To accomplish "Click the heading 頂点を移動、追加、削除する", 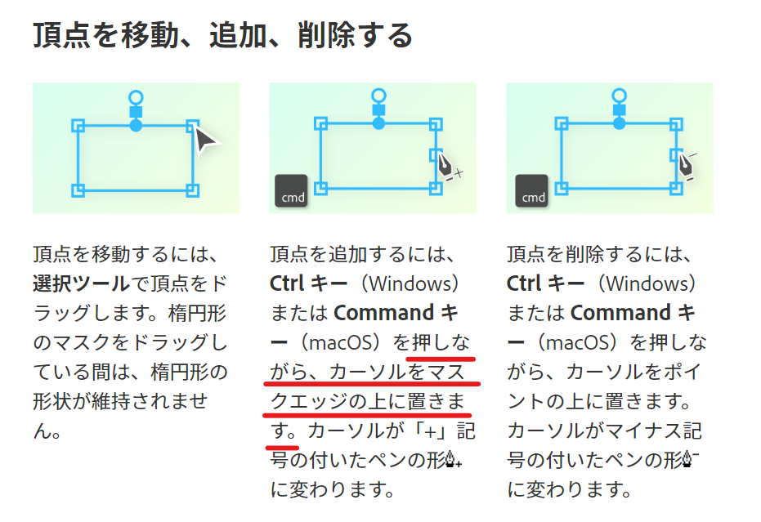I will [x=222, y=37].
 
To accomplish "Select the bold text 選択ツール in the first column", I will [x=81, y=283].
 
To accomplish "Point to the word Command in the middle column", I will [x=384, y=313].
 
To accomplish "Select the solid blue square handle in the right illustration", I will [x=620, y=110].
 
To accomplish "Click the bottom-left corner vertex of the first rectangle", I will [x=78, y=190].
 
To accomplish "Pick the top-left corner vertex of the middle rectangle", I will [x=320, y=123].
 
